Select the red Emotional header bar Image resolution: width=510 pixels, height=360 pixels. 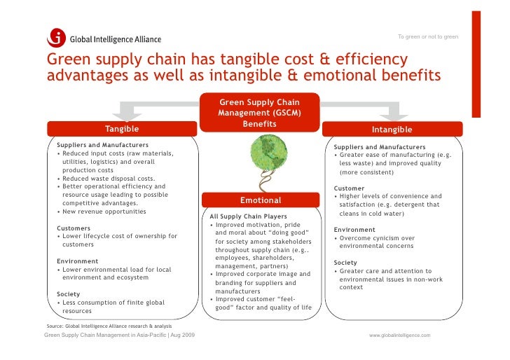tap(260, 200)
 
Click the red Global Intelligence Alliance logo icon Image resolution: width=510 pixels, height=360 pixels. tap(56, 38)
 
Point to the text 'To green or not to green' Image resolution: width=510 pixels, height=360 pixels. tap(427, 36)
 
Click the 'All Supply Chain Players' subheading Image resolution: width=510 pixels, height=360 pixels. tap(243, 216)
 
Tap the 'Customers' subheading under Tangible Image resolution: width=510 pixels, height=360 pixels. tap(73, 228)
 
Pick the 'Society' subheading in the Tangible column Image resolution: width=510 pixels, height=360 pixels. tap(68, 294)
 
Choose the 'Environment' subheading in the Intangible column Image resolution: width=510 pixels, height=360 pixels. tap(354, 230)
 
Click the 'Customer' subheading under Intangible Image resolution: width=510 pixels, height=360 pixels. tap(349, 188)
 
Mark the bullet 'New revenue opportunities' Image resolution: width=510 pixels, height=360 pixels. tap(104, 212)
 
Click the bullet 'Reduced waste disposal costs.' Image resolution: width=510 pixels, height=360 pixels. tap(109, 179)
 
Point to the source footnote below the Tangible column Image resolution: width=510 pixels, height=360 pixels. tap(109, 326)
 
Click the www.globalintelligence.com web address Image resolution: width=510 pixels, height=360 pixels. tap(400, 335)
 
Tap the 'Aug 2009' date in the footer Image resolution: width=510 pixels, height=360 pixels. tap(180, 335)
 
